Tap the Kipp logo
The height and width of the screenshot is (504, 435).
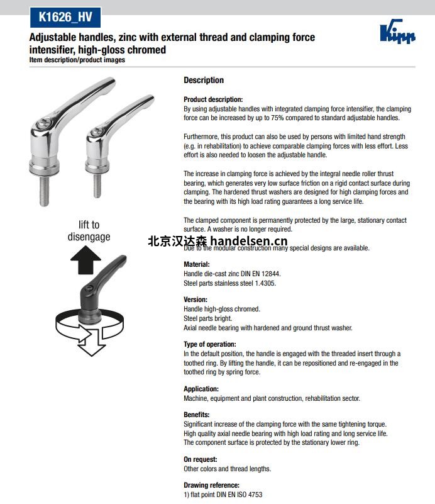point(398,32)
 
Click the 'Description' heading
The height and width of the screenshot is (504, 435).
point(203,81)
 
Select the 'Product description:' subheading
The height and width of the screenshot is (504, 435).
point(212,99)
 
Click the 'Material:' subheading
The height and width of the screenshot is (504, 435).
point(196,265)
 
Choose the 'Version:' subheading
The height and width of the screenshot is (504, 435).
point(195,300)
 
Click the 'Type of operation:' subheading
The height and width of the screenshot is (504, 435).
point(209,345)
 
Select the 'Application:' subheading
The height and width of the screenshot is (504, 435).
point(201,389)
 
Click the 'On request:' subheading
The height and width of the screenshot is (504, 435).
point(200,460)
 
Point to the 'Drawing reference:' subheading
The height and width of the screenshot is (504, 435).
point(211,486)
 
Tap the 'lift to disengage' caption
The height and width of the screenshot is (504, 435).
point(89,231)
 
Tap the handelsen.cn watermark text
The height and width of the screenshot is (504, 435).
point(217,242)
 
